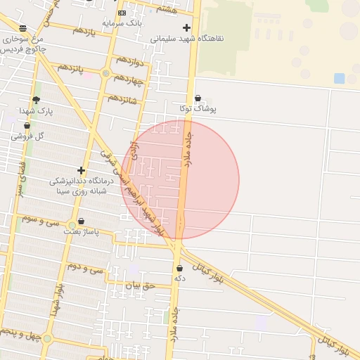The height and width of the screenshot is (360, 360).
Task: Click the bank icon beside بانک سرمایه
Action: (x=122, y=13)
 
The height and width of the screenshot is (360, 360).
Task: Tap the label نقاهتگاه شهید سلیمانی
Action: (x=187, y=38)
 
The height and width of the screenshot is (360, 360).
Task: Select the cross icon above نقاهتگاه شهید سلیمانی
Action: (x=186, y=27)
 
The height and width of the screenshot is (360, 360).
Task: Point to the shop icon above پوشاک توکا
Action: (x=198, y=98)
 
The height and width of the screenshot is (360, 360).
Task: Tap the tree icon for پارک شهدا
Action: (x=36, y=101)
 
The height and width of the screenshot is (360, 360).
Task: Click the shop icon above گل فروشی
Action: (x=27, y=125)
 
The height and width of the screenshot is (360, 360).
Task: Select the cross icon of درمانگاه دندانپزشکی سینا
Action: (x=82, y=170)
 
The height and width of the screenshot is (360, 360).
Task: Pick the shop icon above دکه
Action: (x=179, y=268)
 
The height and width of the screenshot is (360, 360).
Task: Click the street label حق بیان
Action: (x=139, y=286)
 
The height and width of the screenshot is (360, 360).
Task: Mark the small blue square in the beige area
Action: (x=340, y=78)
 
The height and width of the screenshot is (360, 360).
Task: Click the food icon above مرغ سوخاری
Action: (x=23, y=28)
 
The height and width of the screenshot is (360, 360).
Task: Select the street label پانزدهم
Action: (x=70, y=68)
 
